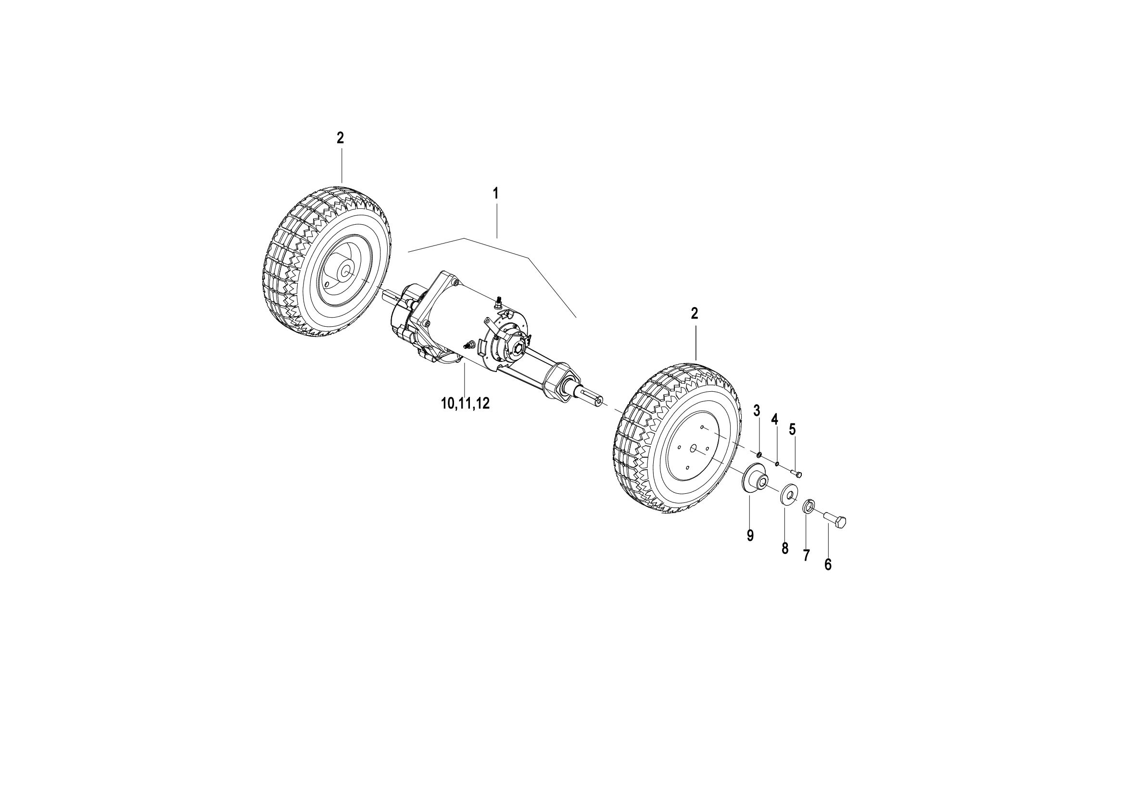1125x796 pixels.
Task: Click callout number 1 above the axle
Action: (495, 193)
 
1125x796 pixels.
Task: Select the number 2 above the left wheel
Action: (340, 138)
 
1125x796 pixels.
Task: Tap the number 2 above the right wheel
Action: (695, 313)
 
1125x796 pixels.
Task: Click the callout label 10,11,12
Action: (465, 404)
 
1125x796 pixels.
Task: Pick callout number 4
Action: (775, 419)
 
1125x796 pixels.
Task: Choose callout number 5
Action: (792, 429)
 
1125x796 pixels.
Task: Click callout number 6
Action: (828, 565)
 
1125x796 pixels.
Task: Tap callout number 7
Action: (806, 556)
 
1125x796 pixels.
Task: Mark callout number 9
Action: (750, 536)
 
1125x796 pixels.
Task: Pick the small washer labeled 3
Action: (758, 455)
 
